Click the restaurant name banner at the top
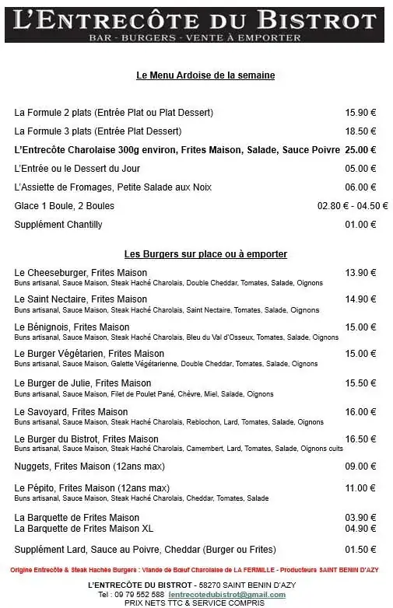pos(196,22)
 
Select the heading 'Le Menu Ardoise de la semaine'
pos(205,75)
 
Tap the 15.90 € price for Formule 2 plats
pos(360,113)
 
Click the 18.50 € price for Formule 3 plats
pos(360,131)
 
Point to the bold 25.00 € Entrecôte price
pos(360,150)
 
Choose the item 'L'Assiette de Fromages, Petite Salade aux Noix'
pos(112,187)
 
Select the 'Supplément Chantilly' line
pos(58,225)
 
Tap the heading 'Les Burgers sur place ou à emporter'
pos(205,254)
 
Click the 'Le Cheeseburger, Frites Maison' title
pos(81,273)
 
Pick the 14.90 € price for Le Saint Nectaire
pos(360,299)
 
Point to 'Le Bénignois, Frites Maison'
pos(72,327)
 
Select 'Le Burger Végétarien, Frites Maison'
pos(89,354)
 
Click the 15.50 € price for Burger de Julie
pos(360,383)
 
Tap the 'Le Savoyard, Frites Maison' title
pos(72,412)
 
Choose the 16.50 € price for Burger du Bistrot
pos(360,439)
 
